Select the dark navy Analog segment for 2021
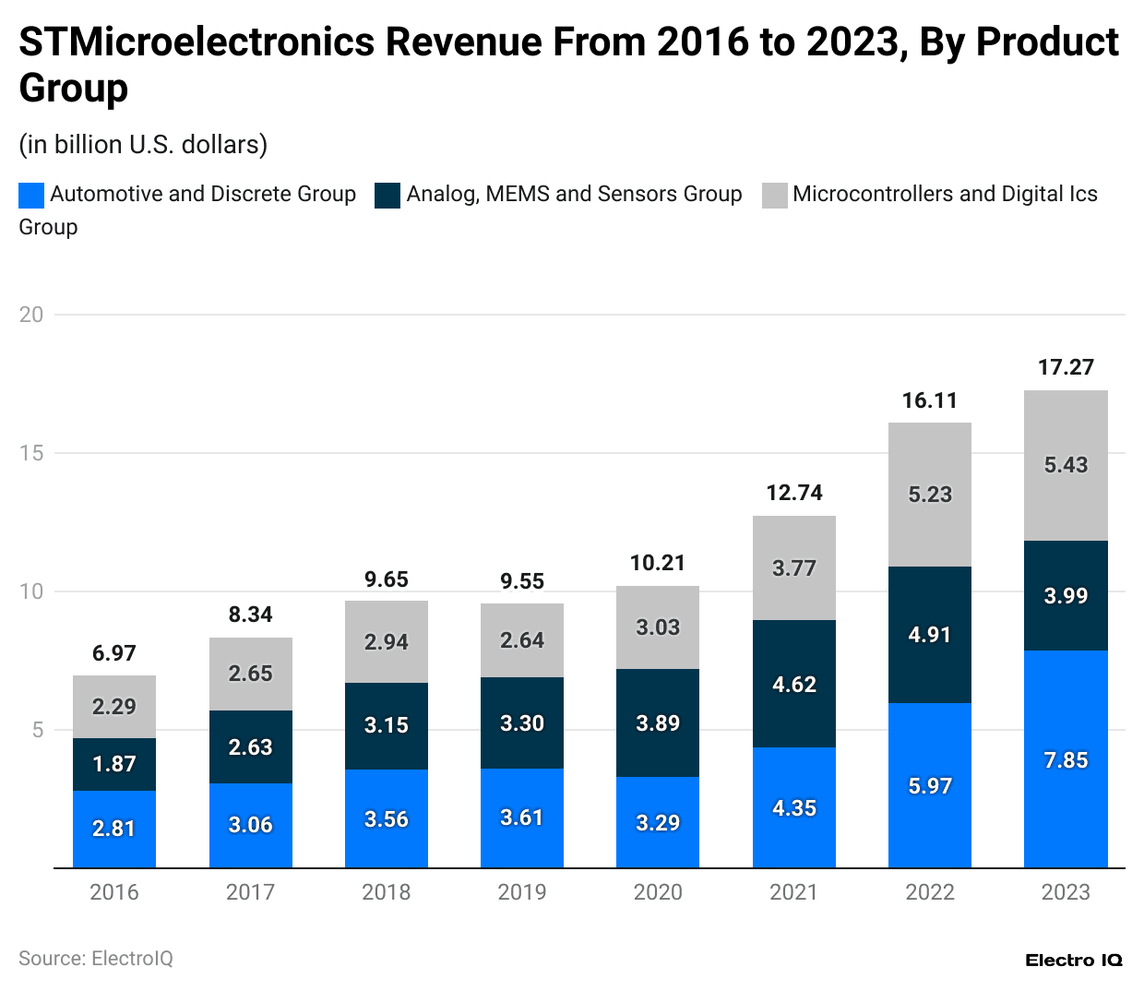pyautogui.click(x=793, y=684)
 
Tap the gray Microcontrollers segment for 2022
pyautogui.click(x=929, y=495)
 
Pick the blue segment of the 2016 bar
pyautogui.click(x=114, y=829)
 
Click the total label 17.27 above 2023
pyautogui.click(x=1066, y=367)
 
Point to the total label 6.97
pyautogui.click(x=114, y=653)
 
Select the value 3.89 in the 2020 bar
pyautogui.click(x=658, y=723)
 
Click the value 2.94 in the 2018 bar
pyautogui.click(x=386, y=642)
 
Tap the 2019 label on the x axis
pyautogui.click(x=522, y=892)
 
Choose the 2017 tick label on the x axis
pyautogui.click(x=250, y=892)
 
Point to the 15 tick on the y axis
pyautogui.click(x=31, y=453)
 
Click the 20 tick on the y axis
pyautogui.click(x=31, y=315)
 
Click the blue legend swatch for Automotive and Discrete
pyautogui.click(x=31, y=195)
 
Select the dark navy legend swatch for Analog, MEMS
pyautogui.click(x=387, y=195)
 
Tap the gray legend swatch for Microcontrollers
pyautogui.click(x=774, y=195)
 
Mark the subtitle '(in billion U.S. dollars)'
pyautogui.click(x=143, y=145)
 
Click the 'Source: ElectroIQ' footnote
pyautogui.click(x=96, y=959)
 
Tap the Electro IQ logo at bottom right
pyautogui.click(x=1074, y=961)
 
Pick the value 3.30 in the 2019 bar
pyautogui.click(x=522, y=723)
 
